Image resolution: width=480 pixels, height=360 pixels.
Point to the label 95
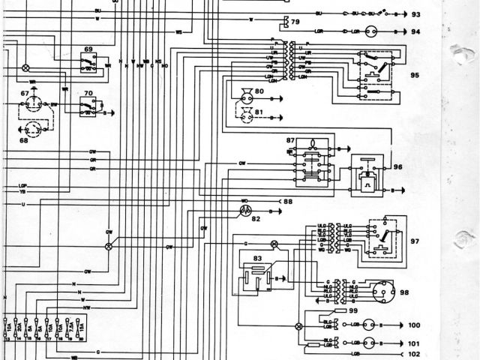[x=416, y=75]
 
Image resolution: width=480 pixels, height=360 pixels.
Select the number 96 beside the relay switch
[x=397, y=167]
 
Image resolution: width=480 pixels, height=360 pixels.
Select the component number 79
[x=295, y=22]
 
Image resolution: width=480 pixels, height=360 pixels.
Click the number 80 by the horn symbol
[x=259, y=91]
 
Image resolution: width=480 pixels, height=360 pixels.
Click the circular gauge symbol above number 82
[x=244, y=211]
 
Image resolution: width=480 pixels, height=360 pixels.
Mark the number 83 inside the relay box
[x=258, y=258]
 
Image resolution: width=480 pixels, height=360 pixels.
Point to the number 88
[x=287, y=201]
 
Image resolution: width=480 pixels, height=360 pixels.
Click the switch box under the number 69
[x=88, y=64]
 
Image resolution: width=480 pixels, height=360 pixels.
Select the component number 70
[x=88, y=94]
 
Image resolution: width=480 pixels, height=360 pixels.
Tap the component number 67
[x=25, y=93]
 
